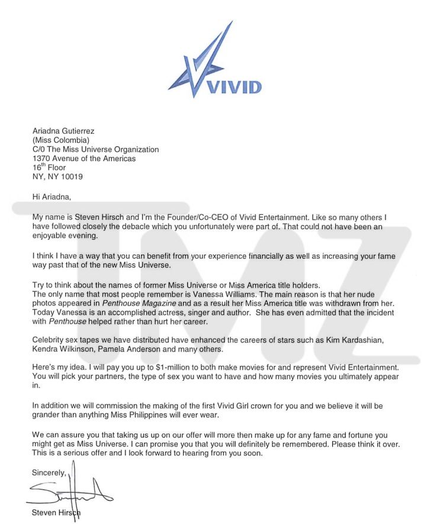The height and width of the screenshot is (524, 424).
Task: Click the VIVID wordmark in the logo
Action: click(x=232, y=88)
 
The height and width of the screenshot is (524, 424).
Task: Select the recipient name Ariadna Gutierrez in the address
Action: click(x=63, y=131)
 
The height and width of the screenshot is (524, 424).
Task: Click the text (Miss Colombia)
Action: click(x=61, y=140)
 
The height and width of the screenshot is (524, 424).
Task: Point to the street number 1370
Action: click(x=42, y=159)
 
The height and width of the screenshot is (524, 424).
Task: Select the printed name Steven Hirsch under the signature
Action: click(x=57, y=513)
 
